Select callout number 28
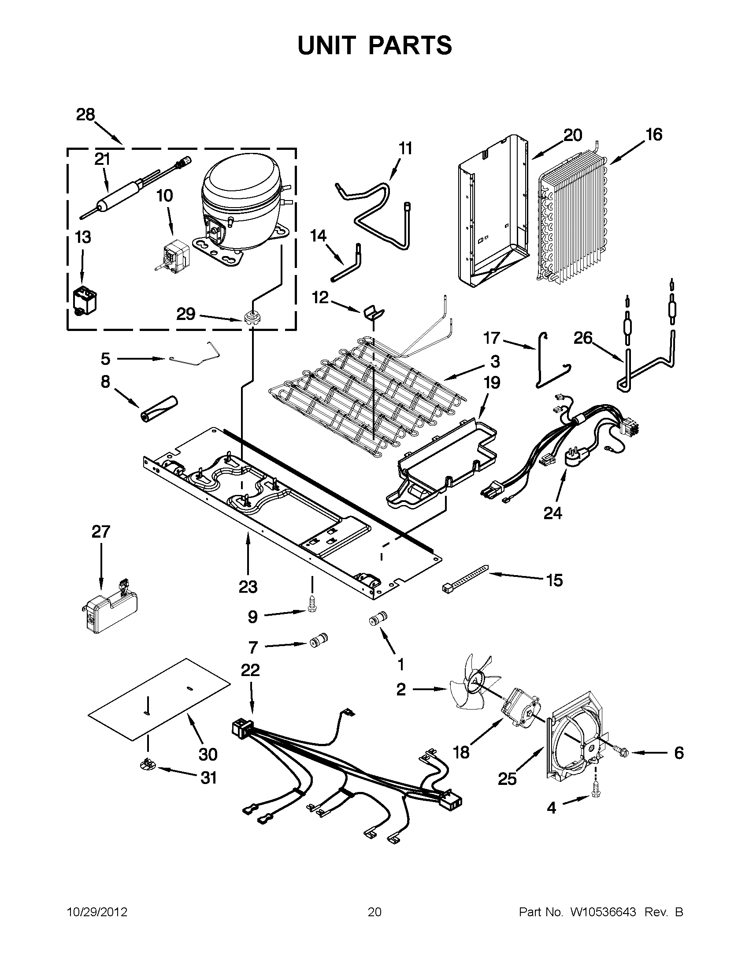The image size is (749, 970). pyautogui.click(x=85, y=115)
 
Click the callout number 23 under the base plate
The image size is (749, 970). pyautogui.click(x=248, y=587)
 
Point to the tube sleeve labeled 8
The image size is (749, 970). pyautogui.click(x=159, y=407)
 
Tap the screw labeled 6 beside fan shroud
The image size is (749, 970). pyautogui.click(x=620, y=751)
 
